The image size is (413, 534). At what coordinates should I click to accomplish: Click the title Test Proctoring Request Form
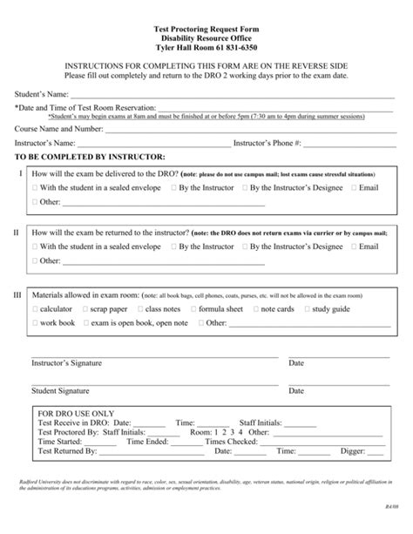(206, 29)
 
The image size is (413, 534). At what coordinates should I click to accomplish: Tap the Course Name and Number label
(58, 128)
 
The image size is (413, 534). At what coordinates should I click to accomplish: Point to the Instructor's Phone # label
(267, 143)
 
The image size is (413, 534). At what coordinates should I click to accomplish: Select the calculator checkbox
(34, 308)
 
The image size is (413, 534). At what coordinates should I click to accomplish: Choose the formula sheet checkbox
(193, 308)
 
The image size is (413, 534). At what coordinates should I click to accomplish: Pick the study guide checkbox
(306, 308)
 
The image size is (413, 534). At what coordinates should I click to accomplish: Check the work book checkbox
(34, 322)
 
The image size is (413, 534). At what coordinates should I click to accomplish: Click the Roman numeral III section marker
(17, 295)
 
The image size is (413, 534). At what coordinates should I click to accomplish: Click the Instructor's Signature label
(67, 362)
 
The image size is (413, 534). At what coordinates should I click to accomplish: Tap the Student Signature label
(60, 391)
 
